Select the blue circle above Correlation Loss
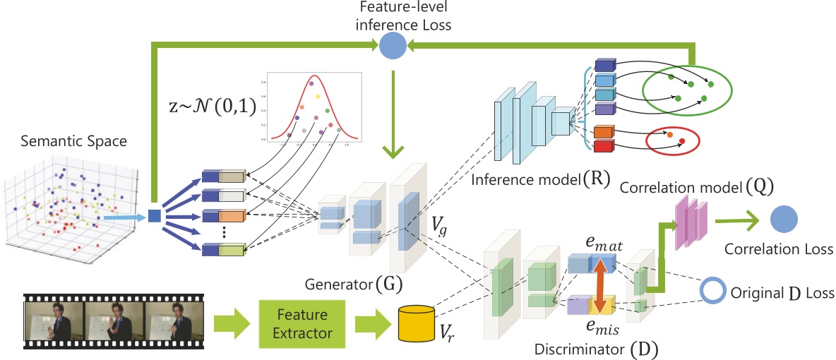click(x=784, y=220)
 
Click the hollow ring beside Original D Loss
click(x=712, y=292)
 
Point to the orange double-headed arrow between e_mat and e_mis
click(x=600, y=286)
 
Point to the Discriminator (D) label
click(x=609, y=347)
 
